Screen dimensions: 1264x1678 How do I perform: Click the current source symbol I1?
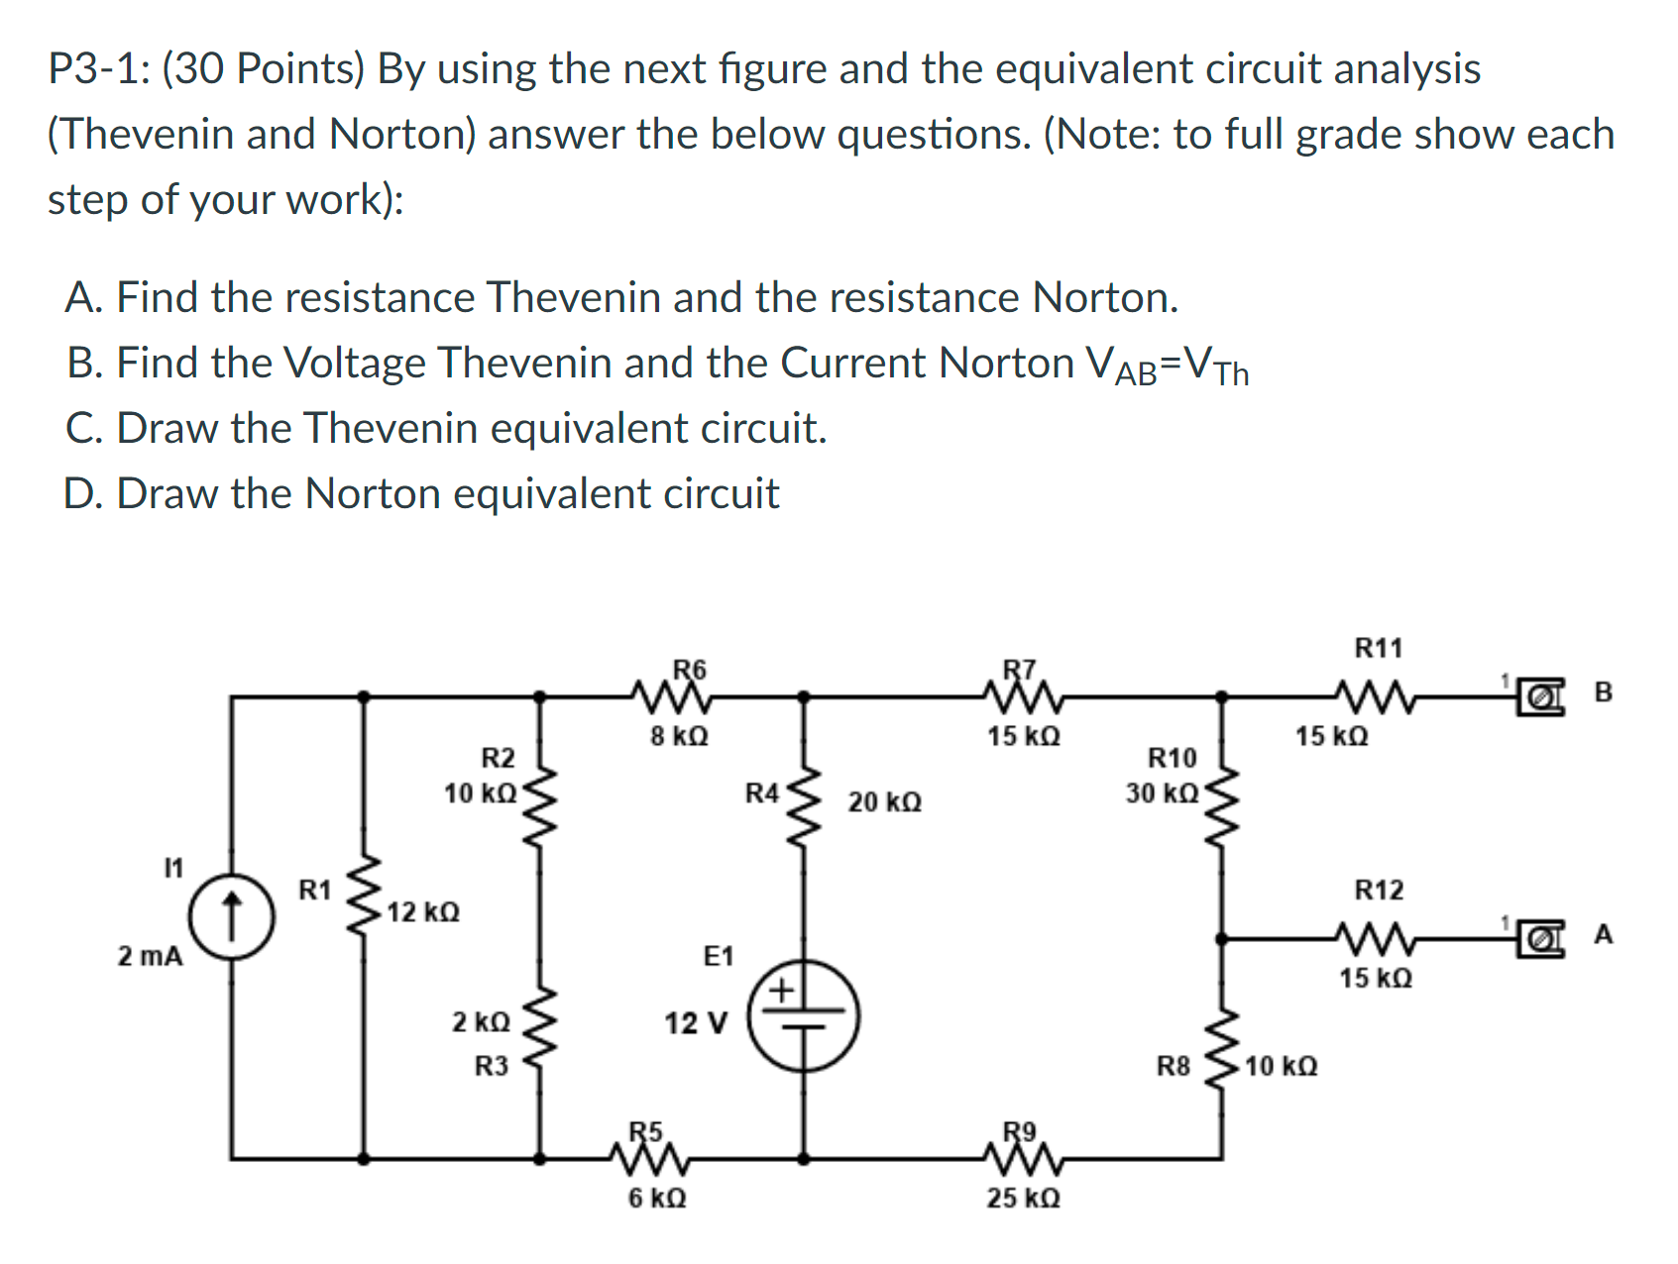231,916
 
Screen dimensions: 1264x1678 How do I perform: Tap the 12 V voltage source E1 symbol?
803,1016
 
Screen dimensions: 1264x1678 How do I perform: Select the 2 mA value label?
151,957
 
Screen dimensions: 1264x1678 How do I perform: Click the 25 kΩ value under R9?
1023,1199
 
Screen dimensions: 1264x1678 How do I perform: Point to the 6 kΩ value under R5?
657,1199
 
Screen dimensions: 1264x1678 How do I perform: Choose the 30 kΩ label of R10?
1162,793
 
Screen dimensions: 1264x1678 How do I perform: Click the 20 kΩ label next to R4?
884,802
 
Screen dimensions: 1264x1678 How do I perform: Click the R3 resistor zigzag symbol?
540,1030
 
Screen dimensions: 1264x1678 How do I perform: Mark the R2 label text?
498,759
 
